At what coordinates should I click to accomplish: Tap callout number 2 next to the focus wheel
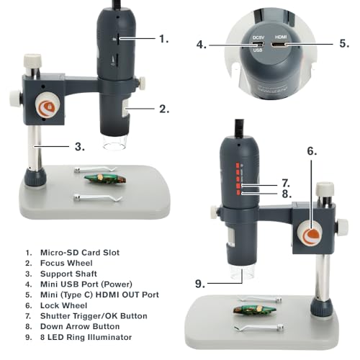(x=163, y=109)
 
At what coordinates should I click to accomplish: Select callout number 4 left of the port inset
(x=202, y=45)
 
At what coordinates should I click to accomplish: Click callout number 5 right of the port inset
(x=345, y=45)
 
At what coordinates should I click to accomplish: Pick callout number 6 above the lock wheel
(x=312, y=151)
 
